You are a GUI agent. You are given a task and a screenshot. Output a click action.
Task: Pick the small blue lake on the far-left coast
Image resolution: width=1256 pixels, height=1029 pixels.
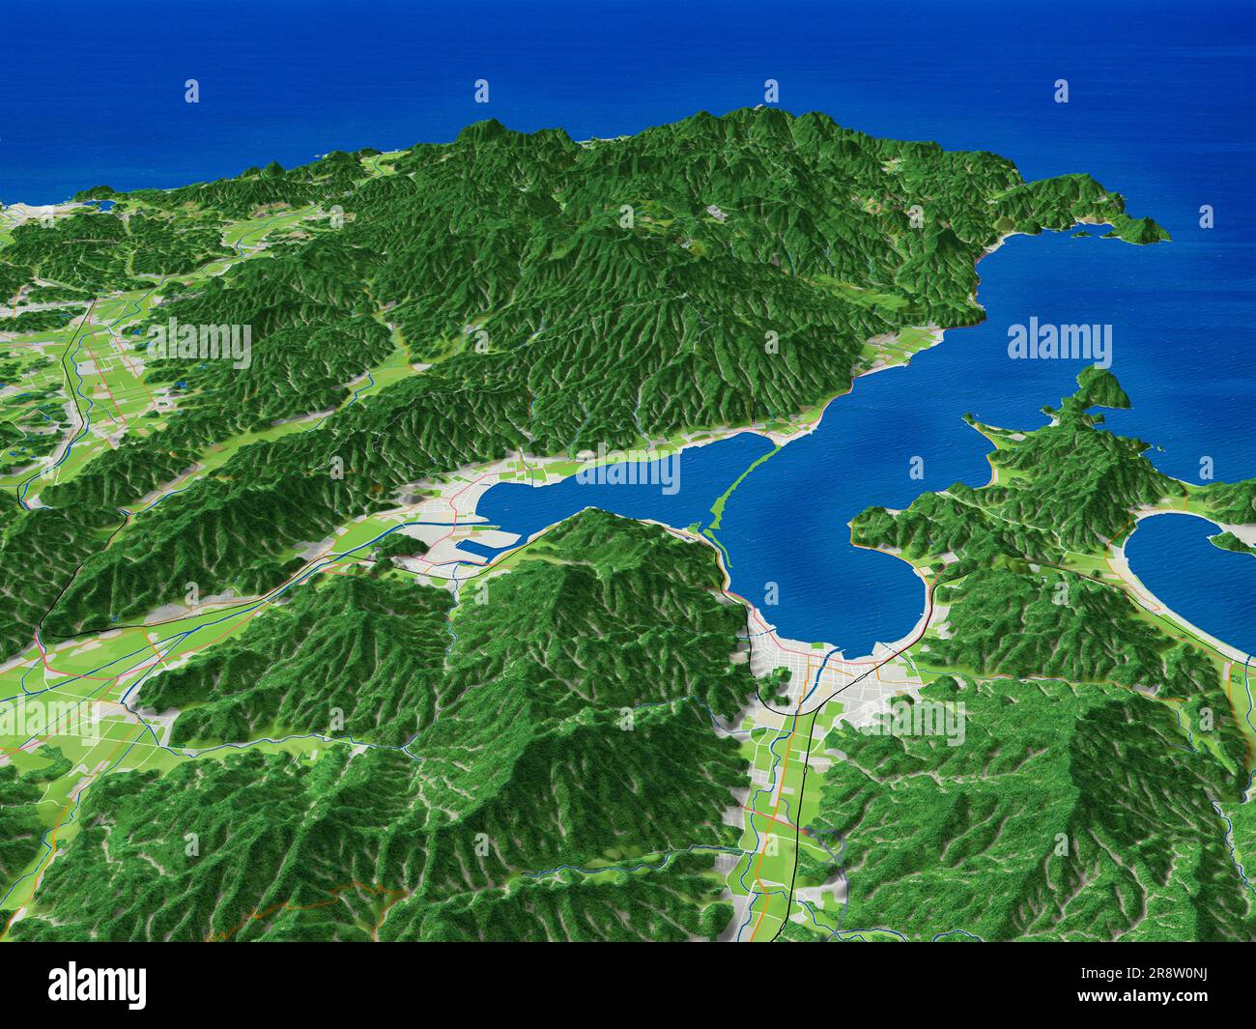(x=101, y=204)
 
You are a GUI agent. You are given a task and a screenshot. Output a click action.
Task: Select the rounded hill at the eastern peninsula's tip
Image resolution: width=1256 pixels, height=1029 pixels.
(x=1097, y=386)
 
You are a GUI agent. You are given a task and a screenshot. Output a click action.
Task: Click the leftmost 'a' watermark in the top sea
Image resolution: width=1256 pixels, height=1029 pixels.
(x=191, y=92)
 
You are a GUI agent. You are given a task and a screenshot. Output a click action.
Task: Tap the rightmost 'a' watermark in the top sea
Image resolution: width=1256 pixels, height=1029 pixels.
(x=1061, y=92)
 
